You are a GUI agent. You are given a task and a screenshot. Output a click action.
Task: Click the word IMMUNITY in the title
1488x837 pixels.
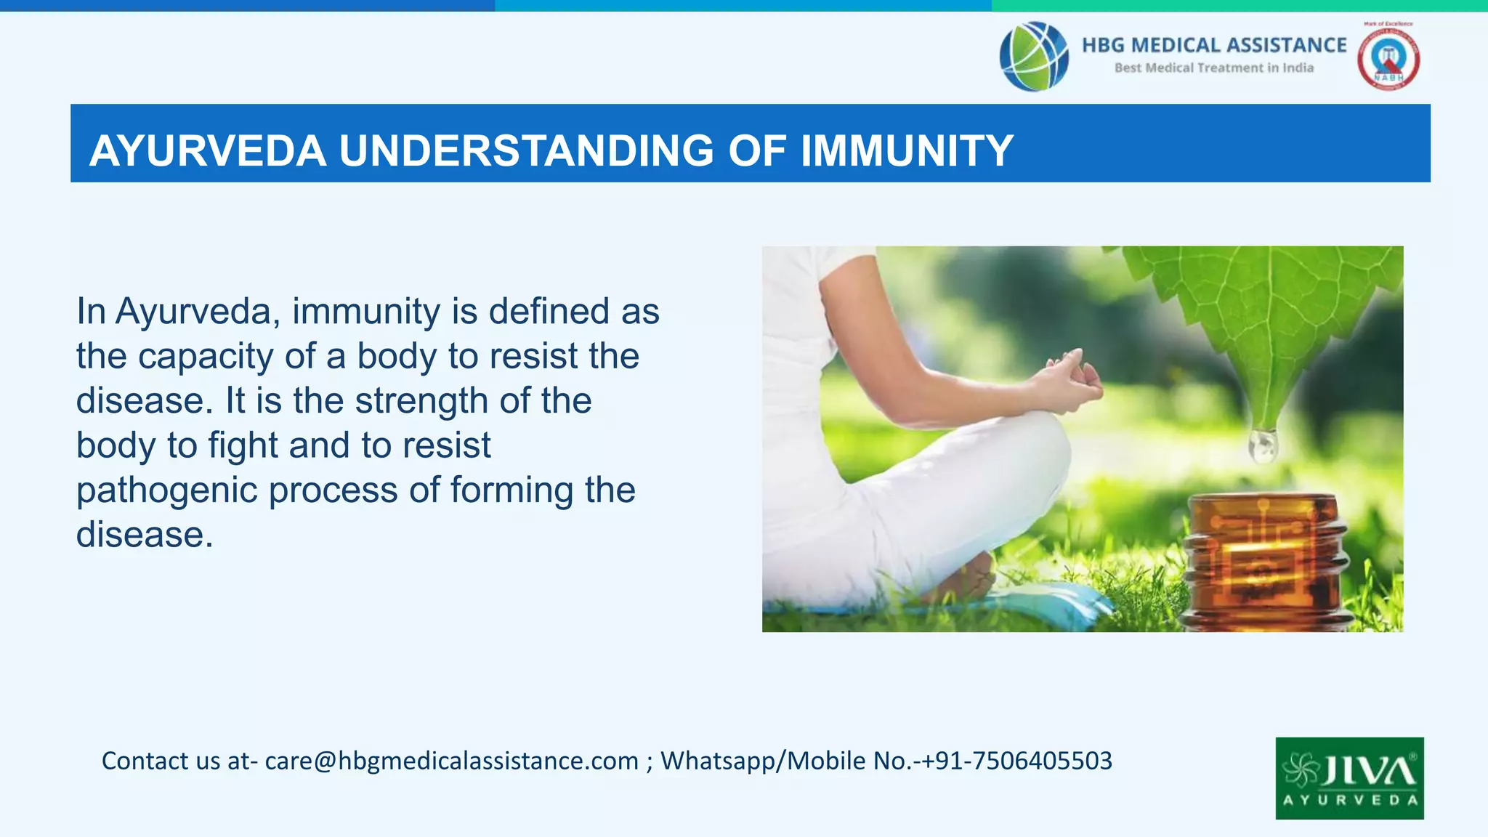[x=906, y=151]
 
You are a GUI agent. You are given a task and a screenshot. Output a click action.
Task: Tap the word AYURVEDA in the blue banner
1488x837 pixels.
[x=208, y=151]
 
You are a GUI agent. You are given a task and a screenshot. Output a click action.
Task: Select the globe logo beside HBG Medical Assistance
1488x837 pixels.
[x=1033, y=56]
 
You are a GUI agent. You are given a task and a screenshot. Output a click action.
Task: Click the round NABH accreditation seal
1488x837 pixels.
[x=1388, y=59]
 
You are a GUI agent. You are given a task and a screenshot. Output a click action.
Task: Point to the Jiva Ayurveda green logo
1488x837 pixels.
[x=1349, y=778]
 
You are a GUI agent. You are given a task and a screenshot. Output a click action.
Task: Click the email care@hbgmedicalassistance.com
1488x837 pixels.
[x=451, y=761]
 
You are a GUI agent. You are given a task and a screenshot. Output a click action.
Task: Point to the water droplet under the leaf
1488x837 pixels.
[x=1263, y=445]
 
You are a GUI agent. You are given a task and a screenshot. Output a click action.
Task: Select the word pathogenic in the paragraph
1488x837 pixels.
[x=167, y=490]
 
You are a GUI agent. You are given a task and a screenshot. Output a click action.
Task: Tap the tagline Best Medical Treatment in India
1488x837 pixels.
[x=1213, y=68]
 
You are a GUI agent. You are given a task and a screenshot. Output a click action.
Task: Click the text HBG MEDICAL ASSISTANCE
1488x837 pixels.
[x=1213, y=45]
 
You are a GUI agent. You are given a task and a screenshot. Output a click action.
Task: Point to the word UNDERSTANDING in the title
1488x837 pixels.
[x=527, y=151]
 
